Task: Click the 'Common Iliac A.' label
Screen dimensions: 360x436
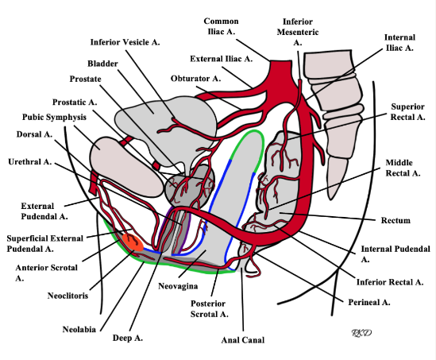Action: (227, 26)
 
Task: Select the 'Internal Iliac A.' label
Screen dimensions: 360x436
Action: (399, 42)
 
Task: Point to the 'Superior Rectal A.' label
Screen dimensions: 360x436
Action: (408, 111)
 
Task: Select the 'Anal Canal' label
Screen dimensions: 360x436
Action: (242, 339)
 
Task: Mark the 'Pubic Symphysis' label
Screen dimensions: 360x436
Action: (52, 117)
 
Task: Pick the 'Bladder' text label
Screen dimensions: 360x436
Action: (102, 63)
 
